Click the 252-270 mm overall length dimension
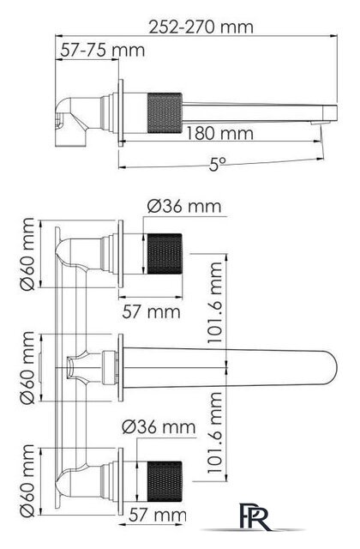pyautogui.click(x=201, y=27)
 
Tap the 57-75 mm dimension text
pyautogui.click(x=103, y=51)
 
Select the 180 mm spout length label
pyautogui.click(x=219, y=134)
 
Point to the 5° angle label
pyautogui.click(x=218, y=164)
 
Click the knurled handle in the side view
pyautogui.click(x=165, y=112)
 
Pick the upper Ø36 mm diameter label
pyautogui.click(x=184, y=206)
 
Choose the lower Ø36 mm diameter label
pyautogui.click(x=159, y=427)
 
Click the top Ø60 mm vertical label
pyautogui.click(x=27, y=254)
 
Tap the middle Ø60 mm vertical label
pyautogui.click(x=27, y=368)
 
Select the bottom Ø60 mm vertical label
pyautogui.click(x=27, y=480)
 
